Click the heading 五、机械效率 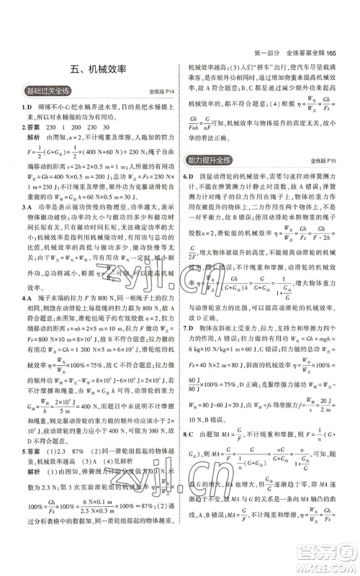coord(99,70)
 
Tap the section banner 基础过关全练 coord(48,91)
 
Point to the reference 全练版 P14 coord(159,93)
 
